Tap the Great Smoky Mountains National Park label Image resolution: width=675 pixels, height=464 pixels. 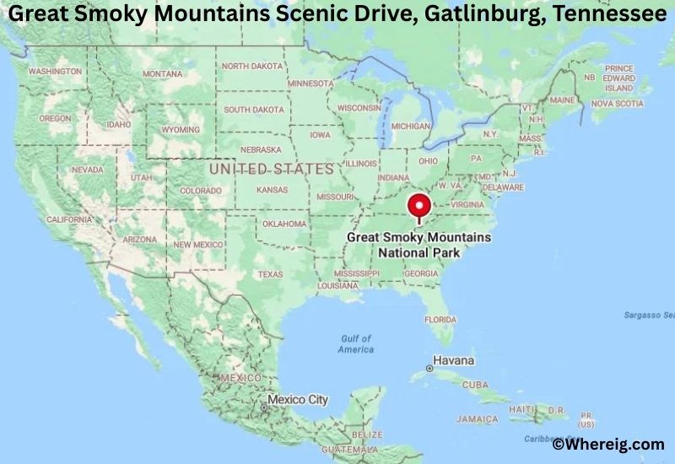point(418,245)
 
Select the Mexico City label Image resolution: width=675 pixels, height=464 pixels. point(297,399)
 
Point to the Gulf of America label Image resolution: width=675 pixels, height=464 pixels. point(355,343)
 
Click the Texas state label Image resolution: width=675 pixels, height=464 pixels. point(270,274)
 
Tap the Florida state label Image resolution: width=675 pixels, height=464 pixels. point(440,320)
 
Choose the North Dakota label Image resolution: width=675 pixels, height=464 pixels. point(253,66)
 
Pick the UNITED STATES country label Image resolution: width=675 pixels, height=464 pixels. point(271,170)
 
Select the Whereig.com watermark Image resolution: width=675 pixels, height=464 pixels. point(607,444)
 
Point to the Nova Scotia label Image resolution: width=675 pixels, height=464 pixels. point(617,103)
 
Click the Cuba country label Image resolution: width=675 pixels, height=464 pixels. point(475,385)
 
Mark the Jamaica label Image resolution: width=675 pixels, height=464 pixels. point(477,418)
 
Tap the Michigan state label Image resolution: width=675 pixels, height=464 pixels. point(410,126)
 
